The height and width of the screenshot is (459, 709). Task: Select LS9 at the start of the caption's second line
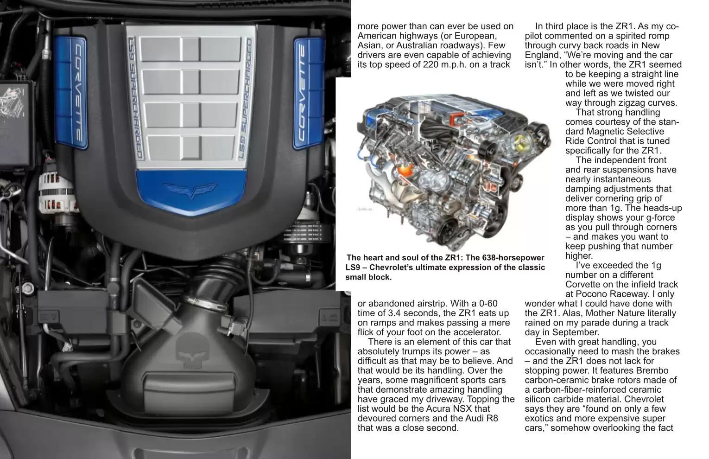pos(353,268)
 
